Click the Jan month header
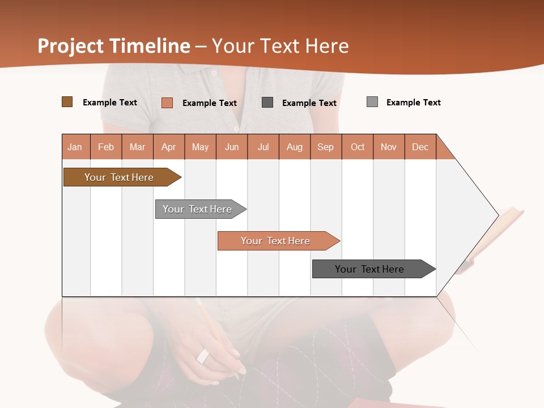pyautogui.click(x=75, y=147)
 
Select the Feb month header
pyautogui.click(x=106, y=147)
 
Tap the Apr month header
pyautogui.click(x=168, y=147)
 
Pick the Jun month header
pyautogui.click(x=232, y=147)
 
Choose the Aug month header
pyautogui.click(x=294, y=147)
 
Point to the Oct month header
pyautogui.click(x=358, y=147)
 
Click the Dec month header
pyautogui.click(x=420, y=147)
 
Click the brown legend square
pyautogui.click(x=67, y=102)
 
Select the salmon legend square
pyautogui.click(x=167, y=103)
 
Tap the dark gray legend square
pyautogui.click(x=267, y=103)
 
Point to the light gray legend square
pyautogui.click(x=372, y=102)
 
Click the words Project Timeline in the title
pyautogui.click(x=114, y=46)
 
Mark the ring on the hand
pyautogui.click(x=203, y=356)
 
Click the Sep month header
pyautogui.click(x=325, y=147)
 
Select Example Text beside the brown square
pyautogui.click(x=110, y=103)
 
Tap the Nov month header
pyautogui.click(x=389, y=147)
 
